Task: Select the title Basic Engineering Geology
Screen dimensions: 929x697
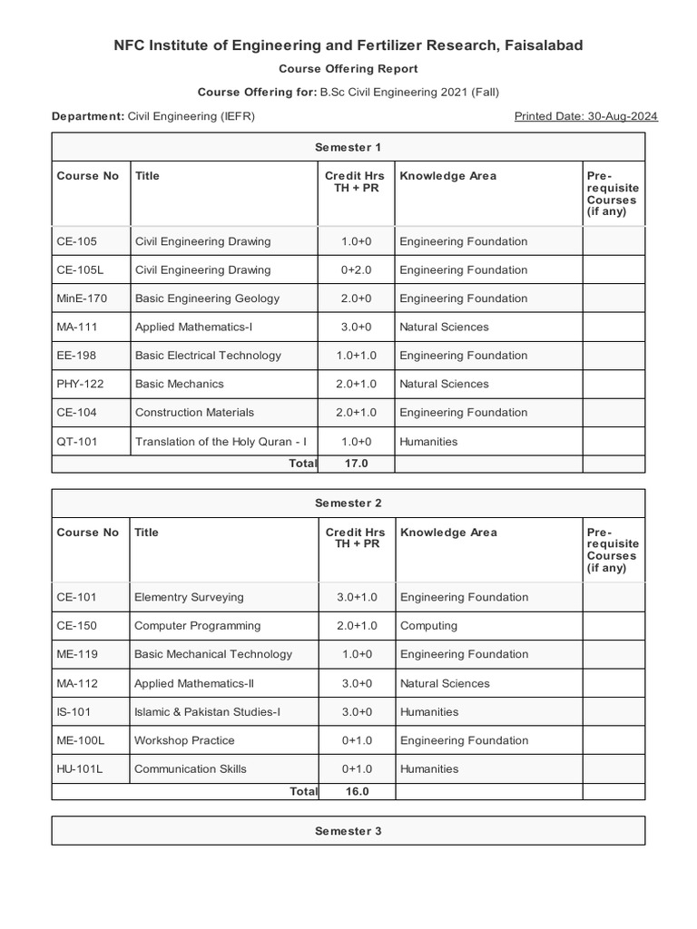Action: [207, 298]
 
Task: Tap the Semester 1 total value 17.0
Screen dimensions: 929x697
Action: [356, 464]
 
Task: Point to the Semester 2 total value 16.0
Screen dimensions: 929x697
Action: [356, 791]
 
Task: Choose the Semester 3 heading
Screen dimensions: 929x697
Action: [348, 831]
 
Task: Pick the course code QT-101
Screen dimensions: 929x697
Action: [76, 442]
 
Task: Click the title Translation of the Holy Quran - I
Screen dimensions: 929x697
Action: [221, 442]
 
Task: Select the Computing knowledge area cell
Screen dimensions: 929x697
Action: [428, 626]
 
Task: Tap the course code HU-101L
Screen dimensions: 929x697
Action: [80, 769]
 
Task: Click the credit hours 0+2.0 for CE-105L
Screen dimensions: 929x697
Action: [356, 270]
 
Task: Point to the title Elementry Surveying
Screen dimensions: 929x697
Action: [189, 598]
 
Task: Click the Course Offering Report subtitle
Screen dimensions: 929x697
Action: [348, 69]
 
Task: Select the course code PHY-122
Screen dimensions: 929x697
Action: [80, 384]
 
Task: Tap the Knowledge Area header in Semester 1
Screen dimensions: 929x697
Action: [447, 176]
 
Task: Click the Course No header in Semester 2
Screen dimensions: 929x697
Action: [87, 533]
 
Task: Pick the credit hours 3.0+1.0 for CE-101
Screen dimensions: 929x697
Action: [356, 598]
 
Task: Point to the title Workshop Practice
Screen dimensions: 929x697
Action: [184, 741]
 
